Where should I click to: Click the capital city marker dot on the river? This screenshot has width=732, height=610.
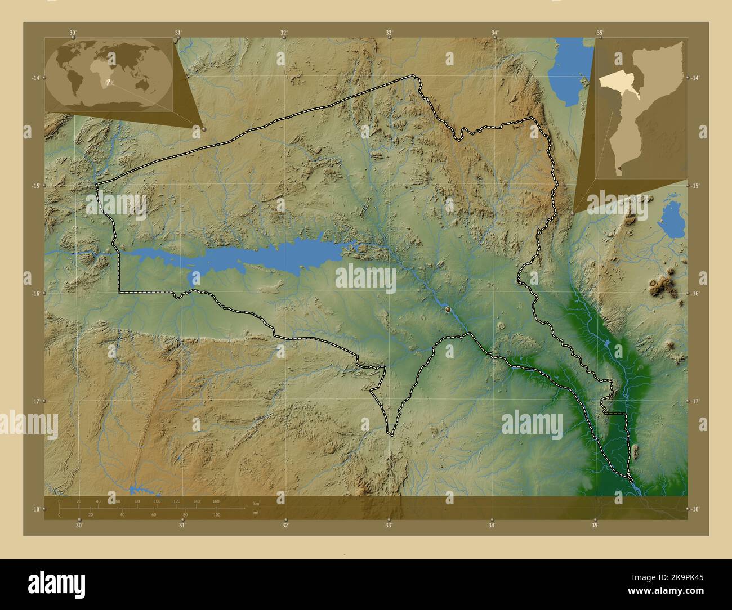coord(448,309)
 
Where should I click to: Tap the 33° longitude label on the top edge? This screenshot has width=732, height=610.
coord(389,33)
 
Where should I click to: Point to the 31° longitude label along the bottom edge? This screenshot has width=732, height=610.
coord(182,526)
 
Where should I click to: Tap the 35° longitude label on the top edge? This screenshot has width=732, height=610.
coord(601,33)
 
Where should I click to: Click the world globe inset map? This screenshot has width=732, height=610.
coord(109,74)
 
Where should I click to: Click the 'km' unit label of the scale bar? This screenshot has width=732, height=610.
coord(256,504)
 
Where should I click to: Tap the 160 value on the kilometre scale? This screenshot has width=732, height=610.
coord(216,501)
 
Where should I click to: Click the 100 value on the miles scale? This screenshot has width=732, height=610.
coord(216,515)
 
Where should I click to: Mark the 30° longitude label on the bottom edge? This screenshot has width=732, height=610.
coord(79,526)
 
